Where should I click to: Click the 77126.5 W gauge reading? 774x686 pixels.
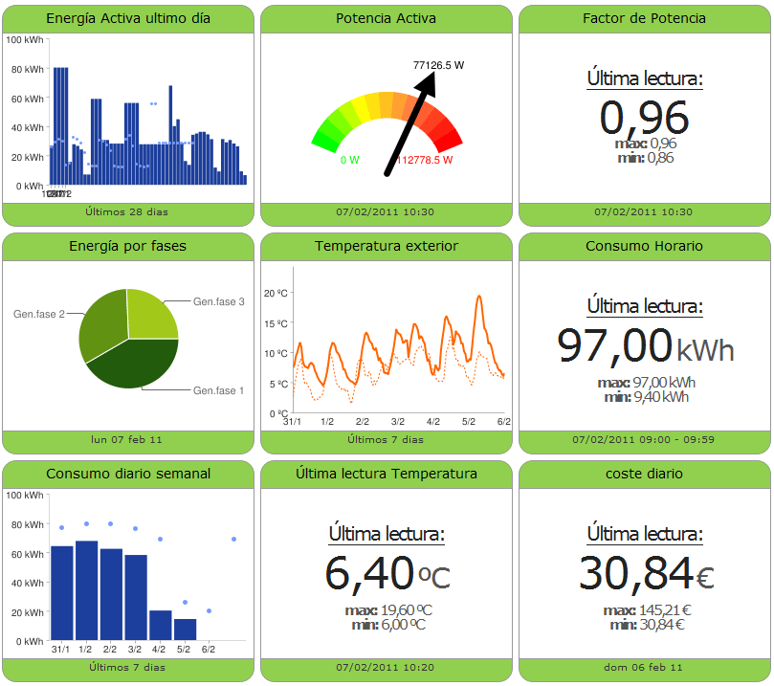438,65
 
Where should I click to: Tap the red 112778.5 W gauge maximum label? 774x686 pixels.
424,160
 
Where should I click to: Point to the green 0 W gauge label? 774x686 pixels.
349,160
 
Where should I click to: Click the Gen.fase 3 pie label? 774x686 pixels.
219,301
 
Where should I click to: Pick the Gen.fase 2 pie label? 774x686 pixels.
38,314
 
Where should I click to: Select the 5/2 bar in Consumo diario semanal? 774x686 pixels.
185,629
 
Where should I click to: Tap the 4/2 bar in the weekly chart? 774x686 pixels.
161,625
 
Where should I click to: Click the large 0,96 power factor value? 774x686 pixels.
644,118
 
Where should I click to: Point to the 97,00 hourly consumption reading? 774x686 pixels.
615,344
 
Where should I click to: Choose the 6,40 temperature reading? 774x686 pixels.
369,572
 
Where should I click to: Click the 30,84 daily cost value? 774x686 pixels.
634,572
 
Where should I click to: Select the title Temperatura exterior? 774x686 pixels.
387,246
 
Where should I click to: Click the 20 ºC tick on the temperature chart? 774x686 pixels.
276,293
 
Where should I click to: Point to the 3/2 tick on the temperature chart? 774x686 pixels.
398,421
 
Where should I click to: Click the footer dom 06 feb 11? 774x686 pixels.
644,667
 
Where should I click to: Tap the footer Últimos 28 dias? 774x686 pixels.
126,211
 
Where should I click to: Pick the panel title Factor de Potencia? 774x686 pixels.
644,18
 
